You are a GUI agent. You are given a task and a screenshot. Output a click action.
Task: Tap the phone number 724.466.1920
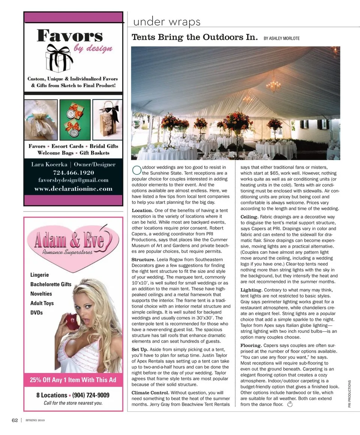click(73, 172)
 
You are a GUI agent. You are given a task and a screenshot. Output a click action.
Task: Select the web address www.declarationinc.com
click(73, 188)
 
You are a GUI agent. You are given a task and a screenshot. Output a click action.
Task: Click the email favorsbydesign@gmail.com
click(73, 180)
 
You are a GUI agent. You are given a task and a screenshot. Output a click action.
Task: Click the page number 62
click(15, 420)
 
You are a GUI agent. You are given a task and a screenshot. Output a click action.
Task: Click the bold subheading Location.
click(142, 210)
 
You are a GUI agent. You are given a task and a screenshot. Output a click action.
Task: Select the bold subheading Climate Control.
click(150, 393)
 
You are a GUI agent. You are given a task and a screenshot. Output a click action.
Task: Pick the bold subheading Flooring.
click(251, 345)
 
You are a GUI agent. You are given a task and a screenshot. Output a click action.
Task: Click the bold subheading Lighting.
click(251, 290)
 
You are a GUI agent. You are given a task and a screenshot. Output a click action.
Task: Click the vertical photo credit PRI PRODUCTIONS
click(349, 394)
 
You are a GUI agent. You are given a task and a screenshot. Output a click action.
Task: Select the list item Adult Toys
click(42, 303)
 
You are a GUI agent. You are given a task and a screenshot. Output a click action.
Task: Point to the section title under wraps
click(166, 22)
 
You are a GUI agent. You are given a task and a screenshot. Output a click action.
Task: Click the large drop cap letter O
click(136, 170)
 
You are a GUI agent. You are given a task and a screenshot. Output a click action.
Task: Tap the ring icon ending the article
click(289, 404)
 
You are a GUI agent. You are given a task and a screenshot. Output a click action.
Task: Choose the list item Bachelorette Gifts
click(51, 284)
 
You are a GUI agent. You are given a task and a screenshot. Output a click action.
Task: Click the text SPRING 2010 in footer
click(35, 420)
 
